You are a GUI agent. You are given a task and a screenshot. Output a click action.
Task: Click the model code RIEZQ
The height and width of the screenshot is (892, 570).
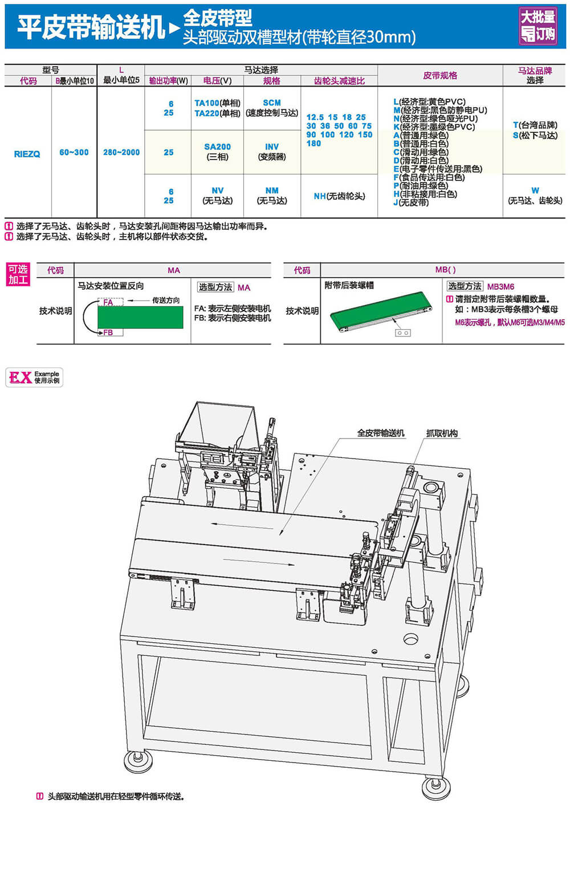tap(27, 154)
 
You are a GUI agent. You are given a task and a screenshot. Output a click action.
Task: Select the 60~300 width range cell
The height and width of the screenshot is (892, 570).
tap(74, 152)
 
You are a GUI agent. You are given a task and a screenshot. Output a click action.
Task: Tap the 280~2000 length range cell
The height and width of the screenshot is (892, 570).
tap(121, 152)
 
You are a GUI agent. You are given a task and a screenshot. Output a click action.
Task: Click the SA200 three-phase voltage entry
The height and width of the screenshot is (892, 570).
tap(217, 152)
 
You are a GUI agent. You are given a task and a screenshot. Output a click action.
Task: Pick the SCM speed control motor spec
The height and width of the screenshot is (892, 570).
tap(272, 108)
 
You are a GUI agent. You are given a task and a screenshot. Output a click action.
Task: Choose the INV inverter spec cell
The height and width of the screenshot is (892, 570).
tap(272, 152)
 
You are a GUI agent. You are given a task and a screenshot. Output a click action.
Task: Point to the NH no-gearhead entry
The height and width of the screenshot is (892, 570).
tap(339, 196)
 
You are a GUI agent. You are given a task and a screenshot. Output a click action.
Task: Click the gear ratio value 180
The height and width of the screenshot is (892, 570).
tap(313, 143)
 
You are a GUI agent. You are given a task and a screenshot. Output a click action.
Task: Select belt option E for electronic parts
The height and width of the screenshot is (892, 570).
tap(438, 169)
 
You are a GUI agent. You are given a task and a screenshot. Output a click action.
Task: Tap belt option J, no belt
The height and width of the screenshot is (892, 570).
tap(411, 202)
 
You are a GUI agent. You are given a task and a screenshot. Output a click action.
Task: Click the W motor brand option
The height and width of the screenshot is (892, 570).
tap(535, 196)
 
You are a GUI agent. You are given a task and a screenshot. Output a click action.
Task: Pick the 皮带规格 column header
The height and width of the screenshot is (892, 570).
tap(440, 75)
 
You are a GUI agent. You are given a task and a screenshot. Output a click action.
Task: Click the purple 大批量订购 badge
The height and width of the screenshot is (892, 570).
tap(538, 26)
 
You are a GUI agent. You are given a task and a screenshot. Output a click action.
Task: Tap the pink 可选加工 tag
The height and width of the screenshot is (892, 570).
tap(18, 274)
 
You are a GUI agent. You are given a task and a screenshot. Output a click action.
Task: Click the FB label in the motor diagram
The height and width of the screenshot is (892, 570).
tap(108, 333)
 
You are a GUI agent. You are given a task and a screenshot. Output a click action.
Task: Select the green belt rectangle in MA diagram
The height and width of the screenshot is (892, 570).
tap(141, 317)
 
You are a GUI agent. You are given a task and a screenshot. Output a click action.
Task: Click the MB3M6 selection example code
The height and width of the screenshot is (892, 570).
tap(500, 287)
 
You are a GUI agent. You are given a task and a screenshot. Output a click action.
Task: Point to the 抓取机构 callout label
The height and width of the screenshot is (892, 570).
tap(442, 433)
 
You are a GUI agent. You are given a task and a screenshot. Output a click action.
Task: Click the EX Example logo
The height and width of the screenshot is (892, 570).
tap(34, 377)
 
